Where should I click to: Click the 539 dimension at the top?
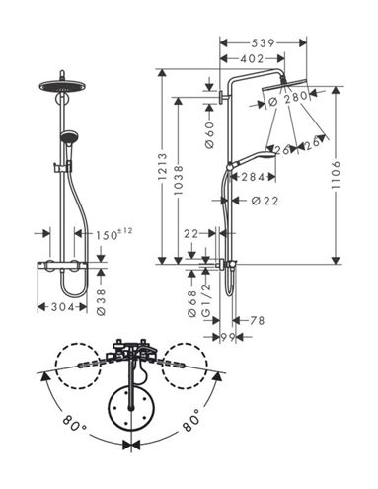pyautogui.click(x=263, y=43)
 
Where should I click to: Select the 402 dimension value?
pyautogui.click(x=252, y=59)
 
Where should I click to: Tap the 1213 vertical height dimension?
pyautogui.click(x=163, y=166)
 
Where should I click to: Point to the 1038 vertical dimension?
pyautogui.click(x=178, y=180)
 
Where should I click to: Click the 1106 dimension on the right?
pyautogui.click(x=336, y=175)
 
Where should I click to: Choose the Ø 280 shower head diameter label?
pyautogui.click(x=287, y=99)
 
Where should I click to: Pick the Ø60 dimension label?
pyautogui.click(x=209, y=134)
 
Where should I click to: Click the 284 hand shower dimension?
pyautogui.click(x=253, y=177)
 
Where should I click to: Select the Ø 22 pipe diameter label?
pyautogui.click(x=265, y=201)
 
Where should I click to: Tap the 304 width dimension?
pyautogui.click(x=62, y=307)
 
